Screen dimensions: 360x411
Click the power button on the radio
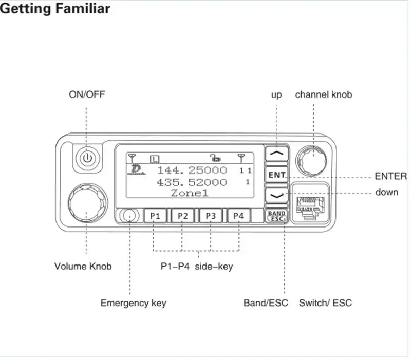(x=87, y=158)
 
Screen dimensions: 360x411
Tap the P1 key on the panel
(x=155, y=216)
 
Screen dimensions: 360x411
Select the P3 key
(x=211, y=216)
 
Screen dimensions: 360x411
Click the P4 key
(x=238, y=216)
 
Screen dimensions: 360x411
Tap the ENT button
(x=277, y=175)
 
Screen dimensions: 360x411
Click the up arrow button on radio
(x=277, y=153)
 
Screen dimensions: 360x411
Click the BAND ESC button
(x=277, y=216)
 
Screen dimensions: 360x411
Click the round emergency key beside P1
(x=130, y=216)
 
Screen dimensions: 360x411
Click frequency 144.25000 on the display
(x=192, y=170)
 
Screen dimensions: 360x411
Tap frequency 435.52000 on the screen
(x=192, y=182)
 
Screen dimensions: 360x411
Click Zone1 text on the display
(x=190, y=193)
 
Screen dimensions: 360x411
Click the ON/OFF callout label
(x=87, y=95)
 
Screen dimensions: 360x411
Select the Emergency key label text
(x=133, y=303)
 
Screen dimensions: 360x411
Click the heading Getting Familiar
(x=55, y=9)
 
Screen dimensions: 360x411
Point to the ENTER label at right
(x=390, y=177)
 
